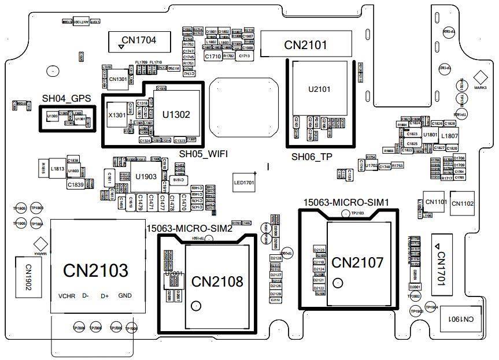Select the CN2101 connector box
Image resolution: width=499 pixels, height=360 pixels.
[x=305, y=45]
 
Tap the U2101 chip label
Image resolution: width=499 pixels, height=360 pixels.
[x=319, y=90]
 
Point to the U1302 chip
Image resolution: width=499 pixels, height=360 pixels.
[x=176, y=114]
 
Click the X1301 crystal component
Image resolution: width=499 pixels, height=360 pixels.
[x=117, y=116]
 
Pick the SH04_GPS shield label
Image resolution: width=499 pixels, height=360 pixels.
[x=66, y=99]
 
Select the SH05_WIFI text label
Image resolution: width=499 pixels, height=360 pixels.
[x=203, y=154]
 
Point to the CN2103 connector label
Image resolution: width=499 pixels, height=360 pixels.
[x=95, y=270]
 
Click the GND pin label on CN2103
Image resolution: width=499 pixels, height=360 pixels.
[x=125, y=296]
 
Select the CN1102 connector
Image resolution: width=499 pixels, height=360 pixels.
[x=463, y=203]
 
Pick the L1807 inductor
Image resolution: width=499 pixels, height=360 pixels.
[x=449, y=136]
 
